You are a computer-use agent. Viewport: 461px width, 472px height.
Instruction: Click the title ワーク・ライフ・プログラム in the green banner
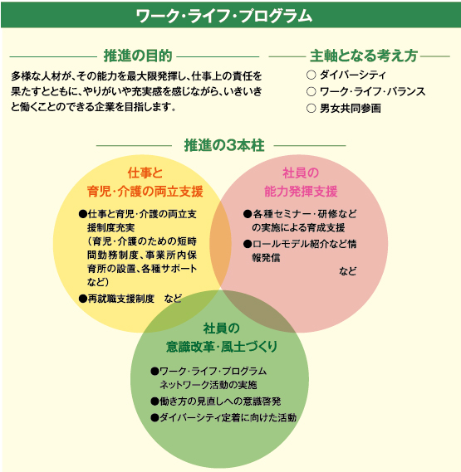tap(223, 16)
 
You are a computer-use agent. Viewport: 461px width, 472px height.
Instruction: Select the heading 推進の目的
tap(138, 56)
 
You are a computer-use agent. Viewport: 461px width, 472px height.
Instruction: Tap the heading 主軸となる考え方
tap(364, 56)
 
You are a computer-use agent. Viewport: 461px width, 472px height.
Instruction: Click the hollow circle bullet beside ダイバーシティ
tap(311, 75)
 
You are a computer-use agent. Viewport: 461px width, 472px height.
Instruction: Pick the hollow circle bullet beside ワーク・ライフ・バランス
tap(311, 91)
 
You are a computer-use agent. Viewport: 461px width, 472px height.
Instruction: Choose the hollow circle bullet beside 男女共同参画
tap(311, 108)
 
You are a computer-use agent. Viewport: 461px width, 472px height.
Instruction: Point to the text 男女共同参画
tap(351, 109)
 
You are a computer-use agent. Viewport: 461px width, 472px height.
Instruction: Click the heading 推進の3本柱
tap(224, 146)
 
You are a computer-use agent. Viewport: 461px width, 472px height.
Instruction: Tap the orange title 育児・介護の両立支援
tap(145, 192)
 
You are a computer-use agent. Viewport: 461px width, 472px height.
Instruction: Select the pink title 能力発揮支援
tap(301, 192)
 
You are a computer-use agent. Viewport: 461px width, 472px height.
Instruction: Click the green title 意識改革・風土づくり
tap(222, 347)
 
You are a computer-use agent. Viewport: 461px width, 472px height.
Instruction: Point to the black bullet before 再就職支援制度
tap(82, 299)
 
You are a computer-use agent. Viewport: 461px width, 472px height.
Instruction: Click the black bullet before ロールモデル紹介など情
tap(248, 244)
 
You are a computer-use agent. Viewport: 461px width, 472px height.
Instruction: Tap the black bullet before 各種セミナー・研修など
tap(248, 214)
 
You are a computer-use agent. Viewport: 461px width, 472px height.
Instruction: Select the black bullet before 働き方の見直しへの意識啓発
tap(154, 401)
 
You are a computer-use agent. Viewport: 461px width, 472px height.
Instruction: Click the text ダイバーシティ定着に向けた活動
tap(228, 418)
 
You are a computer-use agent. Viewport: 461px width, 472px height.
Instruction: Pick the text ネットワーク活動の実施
tap(208, 385)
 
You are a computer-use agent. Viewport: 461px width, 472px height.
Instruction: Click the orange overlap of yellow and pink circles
tap(220, 244)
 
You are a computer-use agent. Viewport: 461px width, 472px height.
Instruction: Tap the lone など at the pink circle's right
tap(348, 271)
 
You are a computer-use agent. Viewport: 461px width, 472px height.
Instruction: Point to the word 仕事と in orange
tap(145, 173)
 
